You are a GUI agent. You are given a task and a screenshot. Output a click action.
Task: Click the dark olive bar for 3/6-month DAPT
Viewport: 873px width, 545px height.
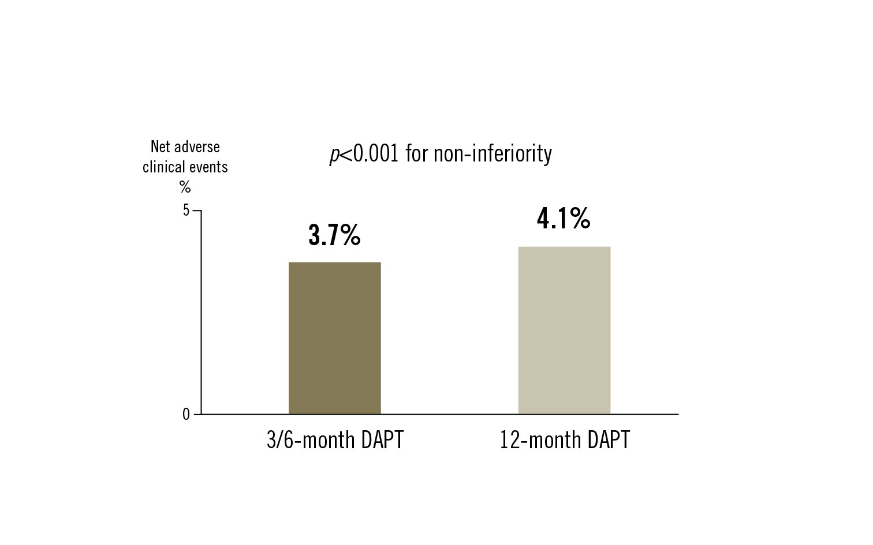tap(334, 338)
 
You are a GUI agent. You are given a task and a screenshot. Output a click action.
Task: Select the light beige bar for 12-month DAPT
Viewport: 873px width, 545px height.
tap(564, 330)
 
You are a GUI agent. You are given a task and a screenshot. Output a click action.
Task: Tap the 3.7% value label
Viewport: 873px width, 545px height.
tap(334, 235)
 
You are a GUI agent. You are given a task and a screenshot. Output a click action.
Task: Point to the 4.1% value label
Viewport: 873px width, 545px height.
tap(564, 219)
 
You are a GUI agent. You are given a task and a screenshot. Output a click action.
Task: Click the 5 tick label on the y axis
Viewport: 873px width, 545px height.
tap(186, 211)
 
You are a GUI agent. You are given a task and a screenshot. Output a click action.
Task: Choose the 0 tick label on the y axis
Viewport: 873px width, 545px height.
tap(186, 415)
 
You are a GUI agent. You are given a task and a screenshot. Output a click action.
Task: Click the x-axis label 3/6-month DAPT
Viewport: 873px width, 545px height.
tap(335, 440)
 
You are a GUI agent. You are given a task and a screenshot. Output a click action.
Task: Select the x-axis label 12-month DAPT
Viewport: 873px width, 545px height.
tap(565, 440)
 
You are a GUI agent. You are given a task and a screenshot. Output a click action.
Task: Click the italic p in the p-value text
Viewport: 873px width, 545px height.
tap(334, 155)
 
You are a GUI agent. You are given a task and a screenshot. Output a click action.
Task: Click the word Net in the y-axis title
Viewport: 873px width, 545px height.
tap(161, 146)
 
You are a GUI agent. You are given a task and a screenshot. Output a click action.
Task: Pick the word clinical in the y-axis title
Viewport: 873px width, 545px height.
tap(162, 167)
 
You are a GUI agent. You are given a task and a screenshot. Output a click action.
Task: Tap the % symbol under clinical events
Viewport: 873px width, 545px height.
tap(185, 187)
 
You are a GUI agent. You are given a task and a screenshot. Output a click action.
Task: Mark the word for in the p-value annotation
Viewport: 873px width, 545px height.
tap(416, 153)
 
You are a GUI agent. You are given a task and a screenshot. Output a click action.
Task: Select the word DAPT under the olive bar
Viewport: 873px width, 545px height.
tap(382, 440)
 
